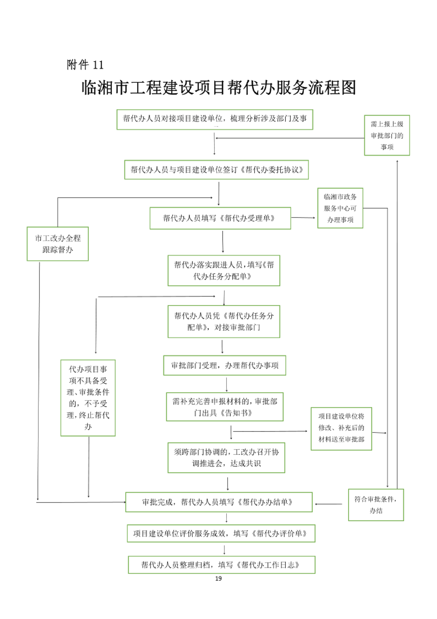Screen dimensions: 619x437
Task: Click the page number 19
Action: click(x=218, y=578)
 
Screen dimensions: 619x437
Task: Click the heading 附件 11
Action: click(x=85, y=65)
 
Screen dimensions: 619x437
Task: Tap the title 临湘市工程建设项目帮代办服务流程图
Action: click(x=218, y=88)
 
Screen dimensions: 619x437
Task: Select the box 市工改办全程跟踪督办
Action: click(x=58, y=244)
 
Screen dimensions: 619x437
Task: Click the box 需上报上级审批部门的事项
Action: click(x=387, y=135)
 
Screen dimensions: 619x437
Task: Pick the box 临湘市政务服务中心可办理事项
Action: click(x=340, y=208)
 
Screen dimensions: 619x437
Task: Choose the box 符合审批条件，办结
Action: click(x=375, y=504)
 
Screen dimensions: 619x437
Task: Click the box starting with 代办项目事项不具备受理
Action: click(x=88, y=398)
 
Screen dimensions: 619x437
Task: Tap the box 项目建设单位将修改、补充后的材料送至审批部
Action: click(x=341, y=428)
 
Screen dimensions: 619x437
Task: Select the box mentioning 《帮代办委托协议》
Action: click(x=216, y=170)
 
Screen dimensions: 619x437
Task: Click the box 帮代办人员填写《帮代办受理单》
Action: click(x=220, y=218)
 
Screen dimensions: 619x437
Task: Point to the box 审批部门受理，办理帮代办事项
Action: click(x=224, y=366)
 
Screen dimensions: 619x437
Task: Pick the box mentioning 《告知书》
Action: click(x=225, y=407)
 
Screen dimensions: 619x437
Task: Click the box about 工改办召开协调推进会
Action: click(x=226, y=457)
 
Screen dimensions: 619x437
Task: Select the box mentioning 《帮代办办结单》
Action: click(x=218, y=502)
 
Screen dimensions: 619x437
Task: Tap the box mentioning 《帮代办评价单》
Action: click(x=221, y=533)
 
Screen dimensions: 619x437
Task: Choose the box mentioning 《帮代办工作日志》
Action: click(x=221, y=565)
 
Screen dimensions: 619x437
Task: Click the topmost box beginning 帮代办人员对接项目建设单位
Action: click(x=215, y=119)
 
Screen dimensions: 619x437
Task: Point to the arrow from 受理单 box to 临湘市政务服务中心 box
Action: click(x=304, y=217)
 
